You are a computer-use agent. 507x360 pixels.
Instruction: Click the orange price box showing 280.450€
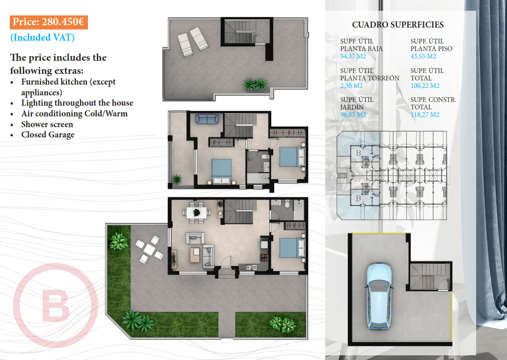point(49,22)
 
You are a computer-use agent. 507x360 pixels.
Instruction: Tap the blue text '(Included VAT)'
point(43,37)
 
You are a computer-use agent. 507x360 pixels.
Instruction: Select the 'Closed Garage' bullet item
point(48,135)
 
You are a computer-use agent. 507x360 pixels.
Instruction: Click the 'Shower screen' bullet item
point(47,124)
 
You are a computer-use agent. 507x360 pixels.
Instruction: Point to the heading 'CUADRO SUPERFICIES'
point(398,25)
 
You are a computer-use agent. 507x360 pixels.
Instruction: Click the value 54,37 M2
point(353,56)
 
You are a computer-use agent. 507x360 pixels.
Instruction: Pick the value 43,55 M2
point(423,56)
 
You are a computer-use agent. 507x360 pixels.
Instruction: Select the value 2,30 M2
point(351,86)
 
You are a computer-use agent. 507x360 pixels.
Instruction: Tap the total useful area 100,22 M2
point(425,86)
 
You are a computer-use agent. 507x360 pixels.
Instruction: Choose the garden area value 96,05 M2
point(353,115)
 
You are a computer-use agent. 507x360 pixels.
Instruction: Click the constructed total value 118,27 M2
point(425,115)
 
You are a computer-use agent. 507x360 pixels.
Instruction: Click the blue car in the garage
point(378,296)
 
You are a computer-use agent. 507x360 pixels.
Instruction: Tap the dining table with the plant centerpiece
point(196,213)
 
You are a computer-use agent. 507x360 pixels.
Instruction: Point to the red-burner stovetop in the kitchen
point(264,257)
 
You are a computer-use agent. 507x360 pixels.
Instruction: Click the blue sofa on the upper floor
point(207,118)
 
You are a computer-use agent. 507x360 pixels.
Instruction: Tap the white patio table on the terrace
point(149,249)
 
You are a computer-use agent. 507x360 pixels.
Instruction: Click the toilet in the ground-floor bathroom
point(287,204)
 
